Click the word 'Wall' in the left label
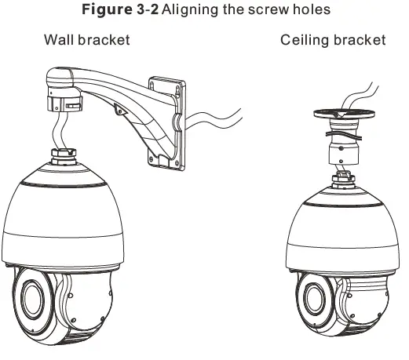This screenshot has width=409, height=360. click(60, 40)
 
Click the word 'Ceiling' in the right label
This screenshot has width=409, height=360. click(306, 40)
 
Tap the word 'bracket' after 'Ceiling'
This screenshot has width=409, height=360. click(360, 40)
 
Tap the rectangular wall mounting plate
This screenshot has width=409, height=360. click(166, 122)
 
